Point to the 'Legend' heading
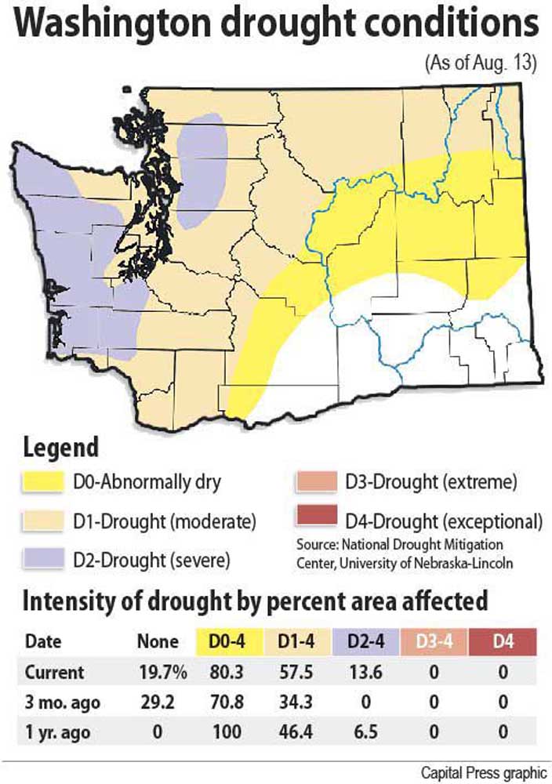coord(61,448)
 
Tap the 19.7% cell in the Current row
coord(158,672)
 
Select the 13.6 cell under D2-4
coord(364,672)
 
